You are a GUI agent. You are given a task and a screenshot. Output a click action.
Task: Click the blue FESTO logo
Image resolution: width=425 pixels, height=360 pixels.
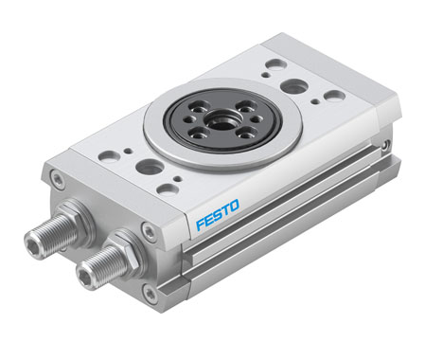tap(218, 214)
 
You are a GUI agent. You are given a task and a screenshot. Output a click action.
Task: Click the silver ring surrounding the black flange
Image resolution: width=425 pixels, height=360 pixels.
tap(221, 123)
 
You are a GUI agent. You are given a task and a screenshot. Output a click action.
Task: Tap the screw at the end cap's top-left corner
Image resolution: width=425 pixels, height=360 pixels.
tap(57, 177)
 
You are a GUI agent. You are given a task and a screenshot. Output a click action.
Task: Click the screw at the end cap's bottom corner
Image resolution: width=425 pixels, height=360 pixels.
tap(151, 292)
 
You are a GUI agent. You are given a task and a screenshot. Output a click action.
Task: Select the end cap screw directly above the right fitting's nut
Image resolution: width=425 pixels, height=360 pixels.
tap(148, 227)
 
